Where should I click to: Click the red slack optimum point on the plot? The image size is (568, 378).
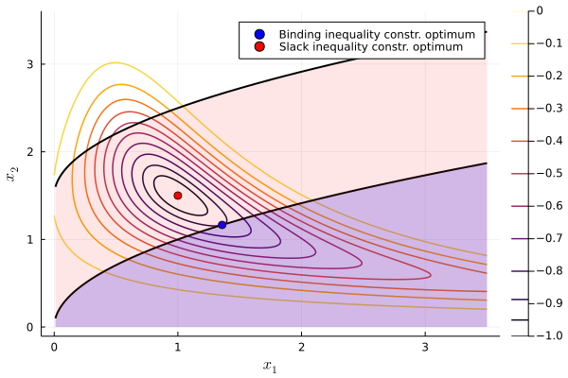[x=178, y=196]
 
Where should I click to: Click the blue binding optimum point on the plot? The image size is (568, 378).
[x=222, y=225]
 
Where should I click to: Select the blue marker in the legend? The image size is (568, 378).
[x=253, y=34]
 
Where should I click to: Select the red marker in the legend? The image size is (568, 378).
[x=253, y=46]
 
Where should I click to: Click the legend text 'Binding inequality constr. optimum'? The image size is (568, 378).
[x=370, y=34]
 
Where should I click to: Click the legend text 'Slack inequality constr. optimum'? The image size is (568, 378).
[x=364, y=46]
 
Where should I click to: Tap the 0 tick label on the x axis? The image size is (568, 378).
[x=54, y=347]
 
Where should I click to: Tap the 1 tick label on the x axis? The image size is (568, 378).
[x=178, y=347]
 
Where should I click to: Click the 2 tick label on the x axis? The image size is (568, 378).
[x=301, y=347]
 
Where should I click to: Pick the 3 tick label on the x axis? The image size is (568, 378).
[x=425, y=347]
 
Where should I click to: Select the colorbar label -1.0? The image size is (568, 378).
[x=546, y=335]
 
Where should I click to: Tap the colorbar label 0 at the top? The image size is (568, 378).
[x=540, y=11]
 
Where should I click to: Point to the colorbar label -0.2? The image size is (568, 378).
[x=546, y=77]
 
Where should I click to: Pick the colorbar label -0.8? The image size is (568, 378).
[x=546, y=270]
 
